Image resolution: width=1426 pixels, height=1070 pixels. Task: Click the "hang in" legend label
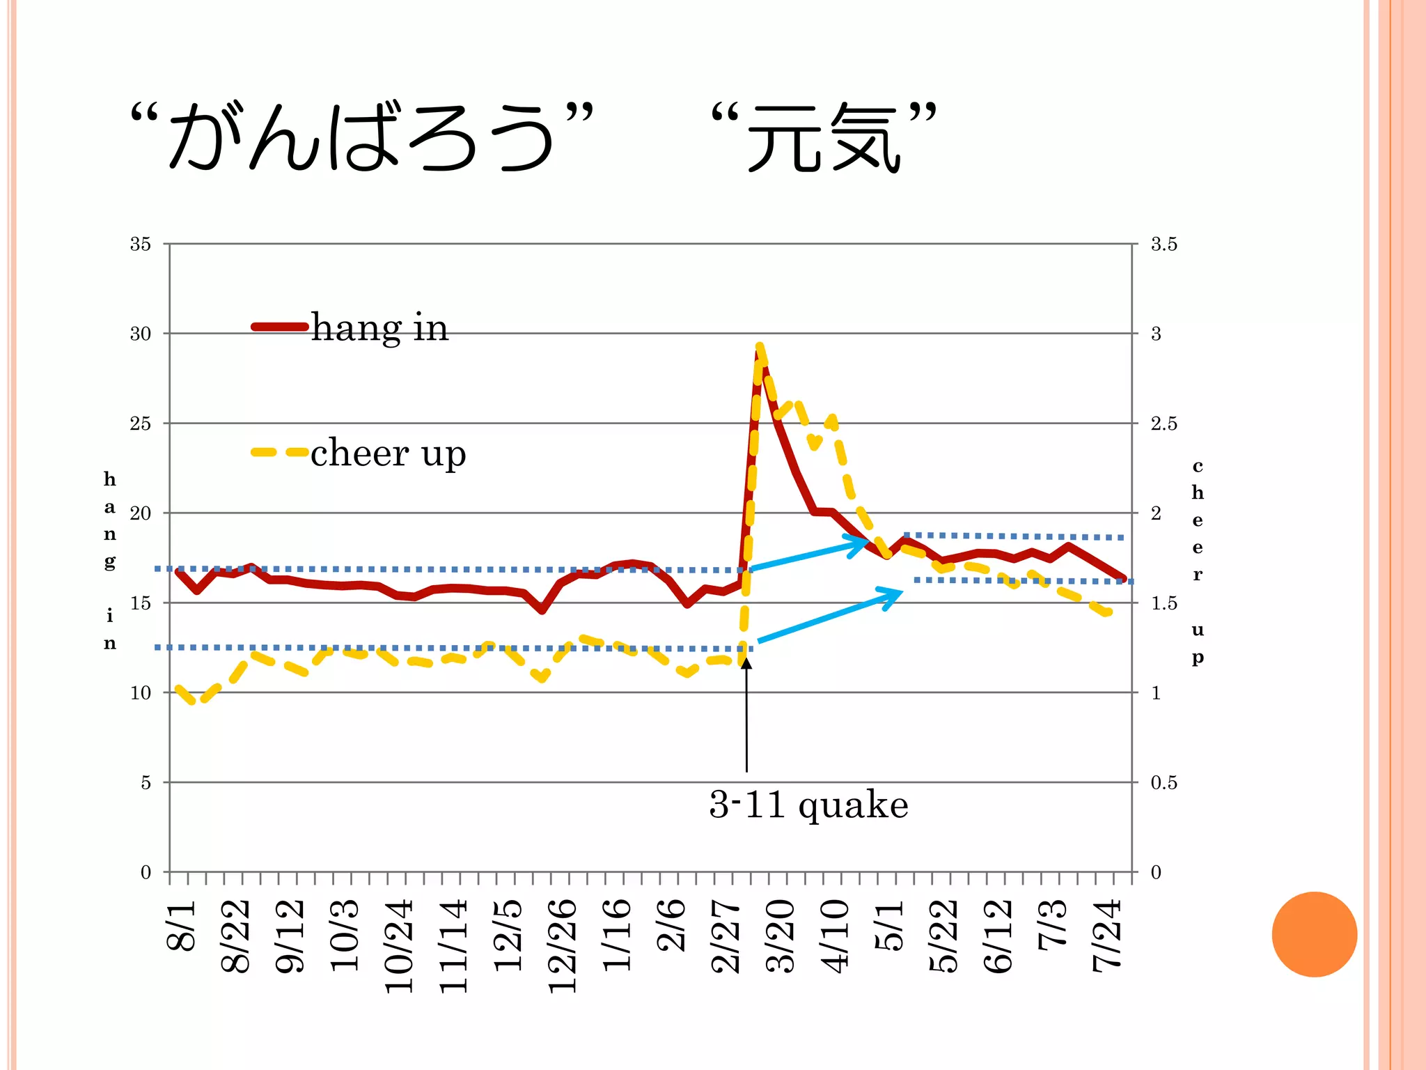(379, 327)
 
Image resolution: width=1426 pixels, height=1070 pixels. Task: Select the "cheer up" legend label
(388, 453)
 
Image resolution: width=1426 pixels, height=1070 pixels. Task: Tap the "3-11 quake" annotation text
(808, 805)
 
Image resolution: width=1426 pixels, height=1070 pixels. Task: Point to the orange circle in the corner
(1314, 934)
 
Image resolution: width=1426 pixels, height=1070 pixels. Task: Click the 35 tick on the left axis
(140, 244)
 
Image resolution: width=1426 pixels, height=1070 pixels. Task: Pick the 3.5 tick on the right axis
(1163, 244)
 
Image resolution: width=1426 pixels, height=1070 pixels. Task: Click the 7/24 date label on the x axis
(1107, 935)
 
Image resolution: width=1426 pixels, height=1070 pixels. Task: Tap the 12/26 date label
(563, 945)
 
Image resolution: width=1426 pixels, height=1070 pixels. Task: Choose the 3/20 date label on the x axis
(780, 935)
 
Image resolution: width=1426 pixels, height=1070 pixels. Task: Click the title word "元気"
(824, 137)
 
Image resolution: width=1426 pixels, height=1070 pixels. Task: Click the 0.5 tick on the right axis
(1163, 782)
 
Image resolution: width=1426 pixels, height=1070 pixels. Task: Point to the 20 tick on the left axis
(140, 513)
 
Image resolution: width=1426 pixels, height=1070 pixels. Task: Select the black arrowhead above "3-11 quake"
(746, 663)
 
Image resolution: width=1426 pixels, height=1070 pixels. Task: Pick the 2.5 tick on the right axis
(1163, 424)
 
